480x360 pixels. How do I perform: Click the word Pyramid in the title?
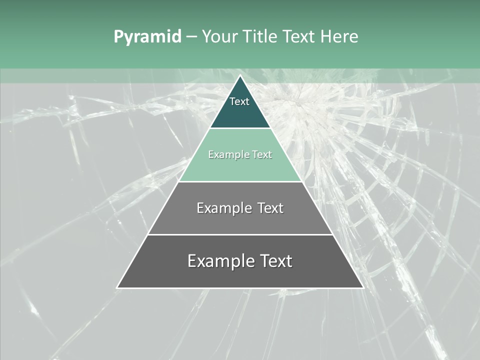point(147,37)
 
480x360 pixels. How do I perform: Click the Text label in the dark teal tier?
point(239,101)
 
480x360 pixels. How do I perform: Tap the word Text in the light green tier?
point(262,155)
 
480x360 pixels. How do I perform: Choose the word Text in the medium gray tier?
point(270,208)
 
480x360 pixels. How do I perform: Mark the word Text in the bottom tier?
point(275,261)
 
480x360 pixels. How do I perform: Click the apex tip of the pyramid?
point(240,76)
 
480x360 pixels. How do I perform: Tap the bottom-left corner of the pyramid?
point(117,287)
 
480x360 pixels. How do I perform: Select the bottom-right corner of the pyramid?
point(363,287)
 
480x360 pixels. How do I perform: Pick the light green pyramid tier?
point(240,167)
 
